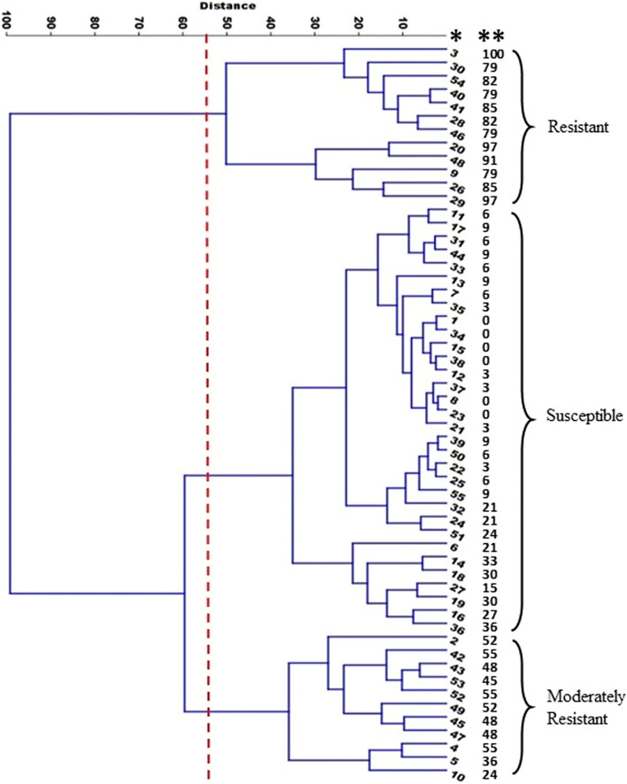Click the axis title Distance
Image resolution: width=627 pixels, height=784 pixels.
click(x=228, y=6)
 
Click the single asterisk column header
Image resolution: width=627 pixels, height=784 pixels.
click(x=456, y=37)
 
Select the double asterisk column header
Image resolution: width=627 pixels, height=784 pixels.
click(x=492, y=37)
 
